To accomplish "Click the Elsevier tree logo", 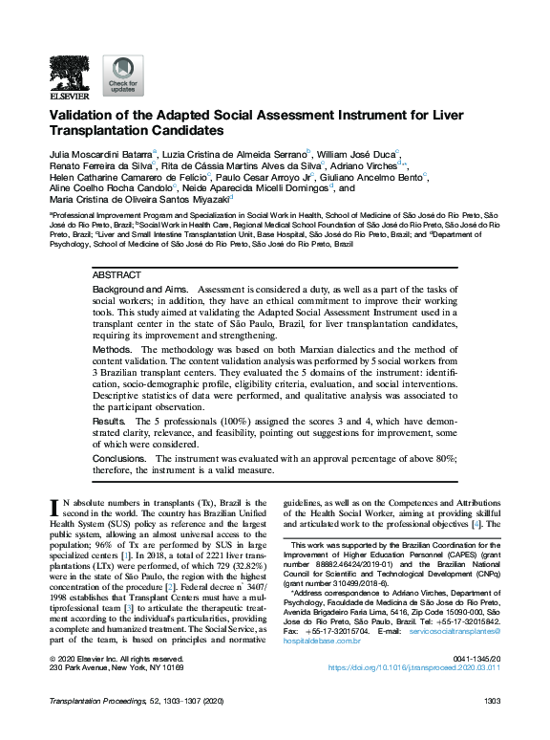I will click(70, 72).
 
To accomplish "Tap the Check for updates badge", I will click(122, 76).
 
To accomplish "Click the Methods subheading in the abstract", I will click(112, 350).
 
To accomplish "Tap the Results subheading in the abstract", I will click(109, 422).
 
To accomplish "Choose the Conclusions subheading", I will click(119, 459).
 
